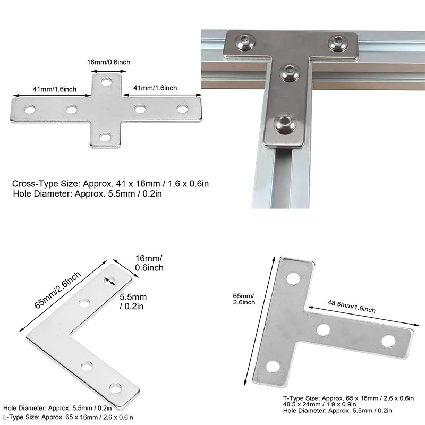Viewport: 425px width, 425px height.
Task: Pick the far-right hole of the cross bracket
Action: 183,109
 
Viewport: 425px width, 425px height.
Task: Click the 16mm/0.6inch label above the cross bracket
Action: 109,62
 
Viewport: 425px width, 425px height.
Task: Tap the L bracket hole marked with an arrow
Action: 112,281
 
